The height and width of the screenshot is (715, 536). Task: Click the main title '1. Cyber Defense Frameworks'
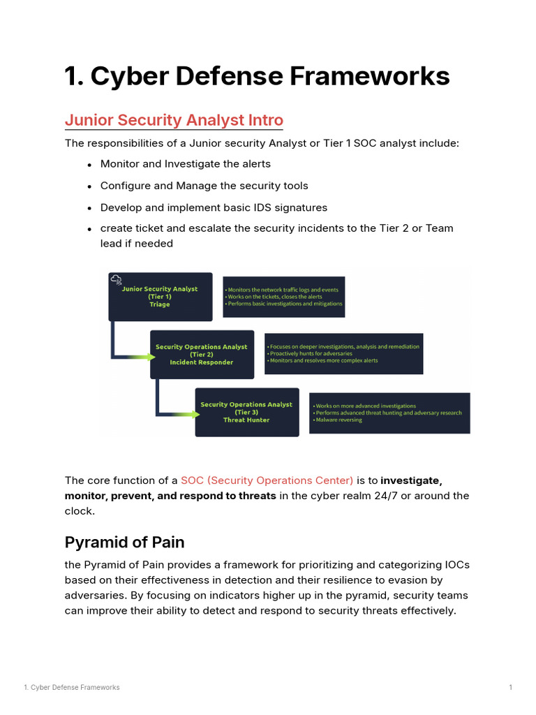pos(257,76)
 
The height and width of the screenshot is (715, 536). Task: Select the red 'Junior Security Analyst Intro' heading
pos(174,120)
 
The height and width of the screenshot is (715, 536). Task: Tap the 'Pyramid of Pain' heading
pos(124,543)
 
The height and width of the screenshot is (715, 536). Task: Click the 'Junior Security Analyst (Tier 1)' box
pos(160,297)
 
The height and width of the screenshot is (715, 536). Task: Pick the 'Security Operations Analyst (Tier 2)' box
pos(201,355)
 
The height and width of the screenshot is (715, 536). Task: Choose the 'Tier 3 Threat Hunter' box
pos(246,413)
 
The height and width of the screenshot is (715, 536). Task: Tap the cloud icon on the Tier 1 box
pos(116,280)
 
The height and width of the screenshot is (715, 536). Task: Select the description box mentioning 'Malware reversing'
pos(389,413)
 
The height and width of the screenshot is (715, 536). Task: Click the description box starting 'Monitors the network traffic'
pos(283,297)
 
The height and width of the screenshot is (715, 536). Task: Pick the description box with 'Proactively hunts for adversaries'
pos(343,354)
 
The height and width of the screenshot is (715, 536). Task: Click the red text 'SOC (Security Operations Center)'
pos(267,480)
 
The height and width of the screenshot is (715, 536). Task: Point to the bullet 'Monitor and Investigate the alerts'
pos(185,164)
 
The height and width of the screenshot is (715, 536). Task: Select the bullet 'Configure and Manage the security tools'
pos(204,186)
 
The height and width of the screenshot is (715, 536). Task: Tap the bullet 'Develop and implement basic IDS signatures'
pos(214,207)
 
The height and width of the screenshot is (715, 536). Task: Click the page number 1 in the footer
pos(510,688)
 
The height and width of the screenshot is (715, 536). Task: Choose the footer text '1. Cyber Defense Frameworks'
pos(71,688)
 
